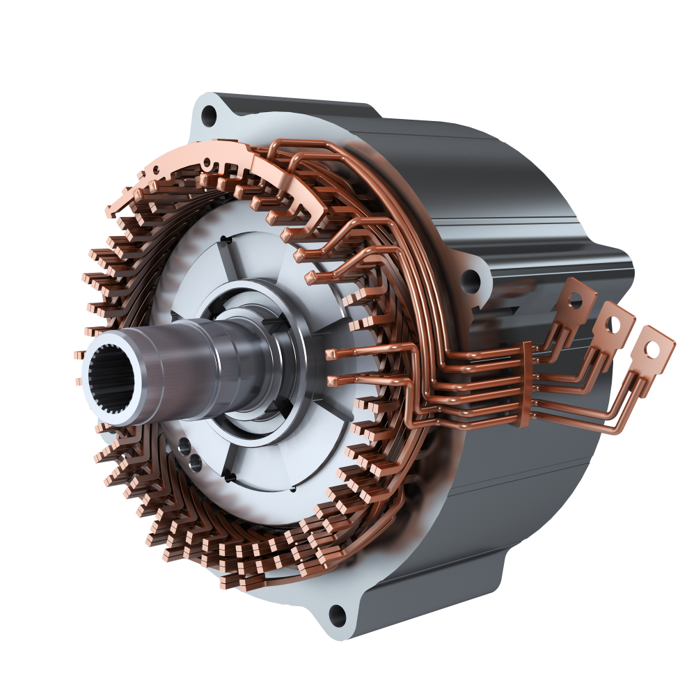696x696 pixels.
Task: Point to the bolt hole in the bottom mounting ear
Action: coord(338,612)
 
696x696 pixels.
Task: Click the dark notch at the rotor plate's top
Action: coord(224,240)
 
